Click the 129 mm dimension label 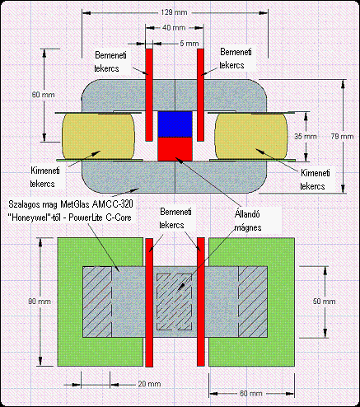pyautogui.click(x=174, y=12)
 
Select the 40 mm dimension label pyautogui.click(x=174, y=28)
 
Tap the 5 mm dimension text pyautogui.click(x=189, y=44)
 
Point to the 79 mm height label pyautogui.click(x=342, y=136)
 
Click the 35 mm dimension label pyautogui.click(x=306, y=136)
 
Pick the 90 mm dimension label pyautogui.click(x=40, y=302)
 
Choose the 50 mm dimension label pyautogui.click(x=324, y=302)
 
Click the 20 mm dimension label pyautogui.click(x=149, y=384)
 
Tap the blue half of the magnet pyautogui.click(x=175, y=124)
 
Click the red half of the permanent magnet pyautogui.click(x=175, y=149)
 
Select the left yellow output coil pyautogui.click(x=98, y=136)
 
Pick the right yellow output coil pyautogui.click(x=251, y=136)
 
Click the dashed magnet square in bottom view pyautogui.click(x=174, y=302)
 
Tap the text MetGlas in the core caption pyautogui.click(x=76, y=204)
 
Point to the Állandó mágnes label pyautogui.click(x=248, y=221)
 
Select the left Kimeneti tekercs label pyautogui.click(x=44, y=177)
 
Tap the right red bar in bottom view pyautogui.click(x=201, y=302)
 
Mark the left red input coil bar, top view pyautogui.click(x=149, y=95)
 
